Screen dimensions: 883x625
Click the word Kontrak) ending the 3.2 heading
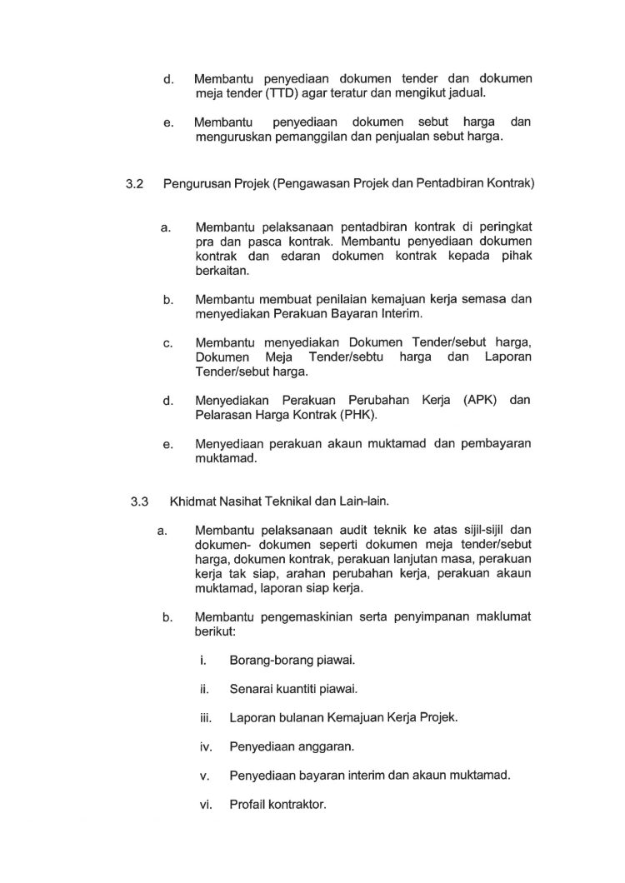tap(506, 181)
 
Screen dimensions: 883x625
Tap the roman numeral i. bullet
tap(203, 660)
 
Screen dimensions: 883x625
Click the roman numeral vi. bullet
tap(207, 806)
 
